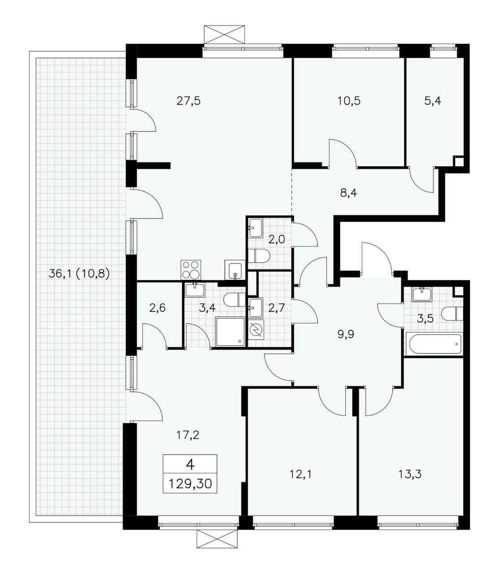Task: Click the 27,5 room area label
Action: [188, 101]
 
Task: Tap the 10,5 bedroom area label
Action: [349, 101]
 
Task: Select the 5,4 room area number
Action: [433, 101]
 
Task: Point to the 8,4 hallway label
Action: [349, 193]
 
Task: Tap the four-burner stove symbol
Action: [191, 270]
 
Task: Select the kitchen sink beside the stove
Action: [235, 270]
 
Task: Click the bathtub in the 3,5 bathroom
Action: [433, 344]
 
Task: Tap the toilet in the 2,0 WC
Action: [259, 256]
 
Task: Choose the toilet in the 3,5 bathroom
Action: [451, 313]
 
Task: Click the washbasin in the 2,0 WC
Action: [255, 228]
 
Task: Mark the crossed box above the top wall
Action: [224, 35]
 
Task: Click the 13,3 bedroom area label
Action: [410, 474]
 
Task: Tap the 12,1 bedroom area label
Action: [301, 474]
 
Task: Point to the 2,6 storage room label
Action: [158, 308]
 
